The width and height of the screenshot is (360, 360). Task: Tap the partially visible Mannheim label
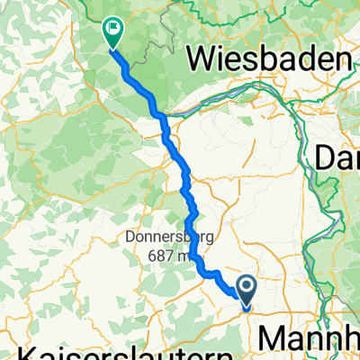(x=310, y=339)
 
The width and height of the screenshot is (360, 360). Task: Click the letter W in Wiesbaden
(x=199, y=60)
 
